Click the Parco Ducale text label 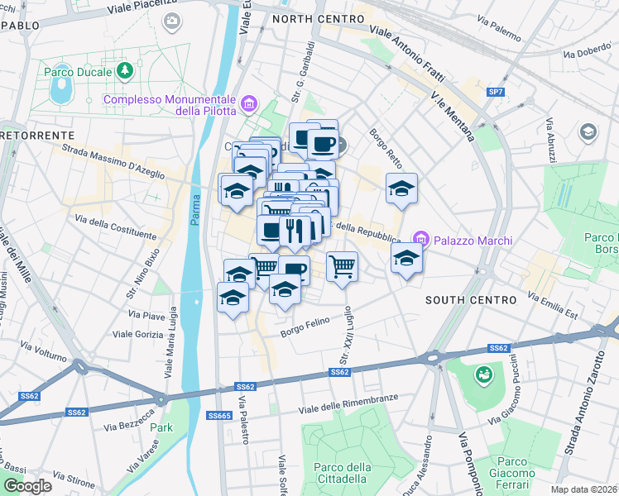79,71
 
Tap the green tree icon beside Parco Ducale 125,71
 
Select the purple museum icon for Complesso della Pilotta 249,105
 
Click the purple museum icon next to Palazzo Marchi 420,240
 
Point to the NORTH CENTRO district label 318,18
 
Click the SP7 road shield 496,92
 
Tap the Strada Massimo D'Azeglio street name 112,161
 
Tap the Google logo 27,486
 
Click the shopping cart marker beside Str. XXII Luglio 342,267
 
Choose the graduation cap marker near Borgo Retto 401,188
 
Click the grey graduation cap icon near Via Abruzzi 588,131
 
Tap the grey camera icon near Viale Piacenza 172,21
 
